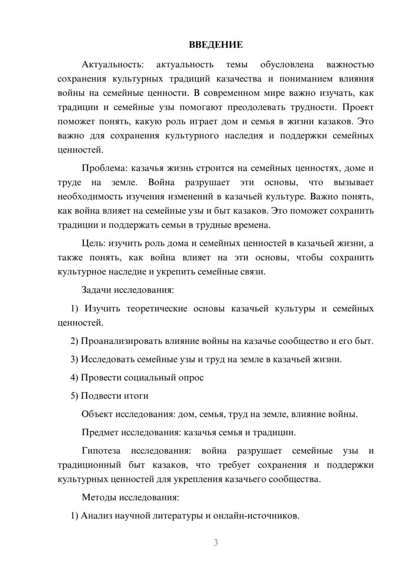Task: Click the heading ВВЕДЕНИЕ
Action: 216,45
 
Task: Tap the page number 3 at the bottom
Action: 216,543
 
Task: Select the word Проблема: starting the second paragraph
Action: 105,168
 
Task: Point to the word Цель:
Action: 94,243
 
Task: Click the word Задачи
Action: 97,290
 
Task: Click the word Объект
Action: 98,414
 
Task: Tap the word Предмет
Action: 100,433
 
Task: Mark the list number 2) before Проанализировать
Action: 75,341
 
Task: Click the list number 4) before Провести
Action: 75,378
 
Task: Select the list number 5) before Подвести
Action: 75,396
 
